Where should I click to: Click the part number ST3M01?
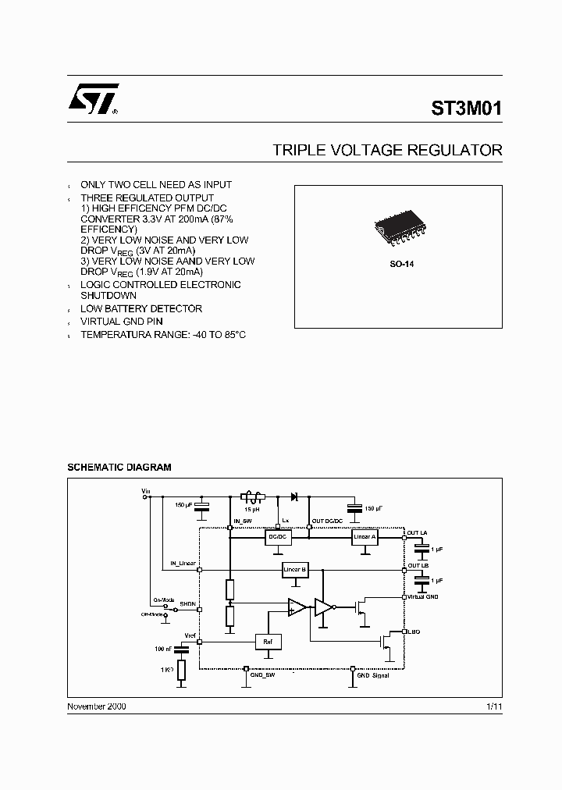(x=467, y=109)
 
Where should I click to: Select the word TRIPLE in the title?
(x=294, y=150)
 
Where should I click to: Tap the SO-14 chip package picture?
(x=400, y=230)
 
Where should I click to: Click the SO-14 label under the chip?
(x=402, y=265)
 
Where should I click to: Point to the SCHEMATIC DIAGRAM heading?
(x=119, y=467)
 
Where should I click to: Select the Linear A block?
(x=365, y=538)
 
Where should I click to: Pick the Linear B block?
(x=294, y=571)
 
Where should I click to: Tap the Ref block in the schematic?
(x=268, y=642)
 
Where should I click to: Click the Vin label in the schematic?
(x=145, y=491)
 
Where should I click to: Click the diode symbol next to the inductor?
(x=294, y=496)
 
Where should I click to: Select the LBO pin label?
(x=413, y=631)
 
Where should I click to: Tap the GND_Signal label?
(x=372, y=675)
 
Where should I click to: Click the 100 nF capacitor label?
(x=162, y=649)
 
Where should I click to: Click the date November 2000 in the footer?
(x=97, y=706)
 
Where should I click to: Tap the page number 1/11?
(x=494, y=706)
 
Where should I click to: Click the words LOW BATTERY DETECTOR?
(x=141, y=309)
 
